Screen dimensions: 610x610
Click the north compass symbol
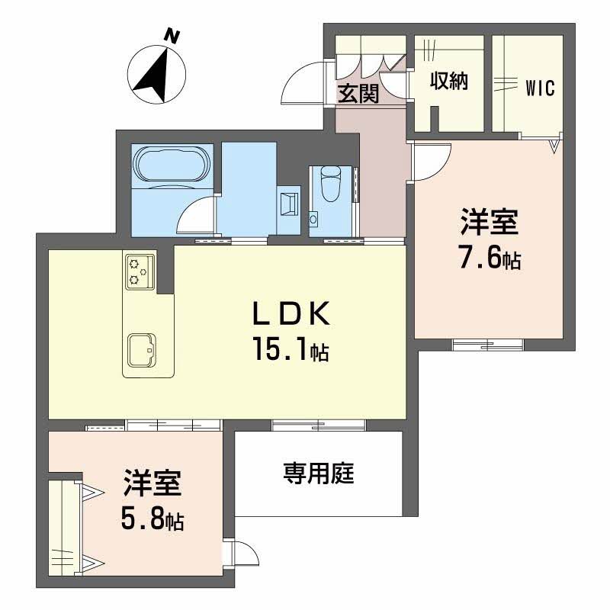coord(156,74)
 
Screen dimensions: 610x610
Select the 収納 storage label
coord(448,81)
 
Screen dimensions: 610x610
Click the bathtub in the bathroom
coord(172,165)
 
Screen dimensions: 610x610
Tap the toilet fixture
coord(331,184)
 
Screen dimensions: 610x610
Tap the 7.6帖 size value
coord(490,259)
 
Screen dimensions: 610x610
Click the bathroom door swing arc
coord(197,216)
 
